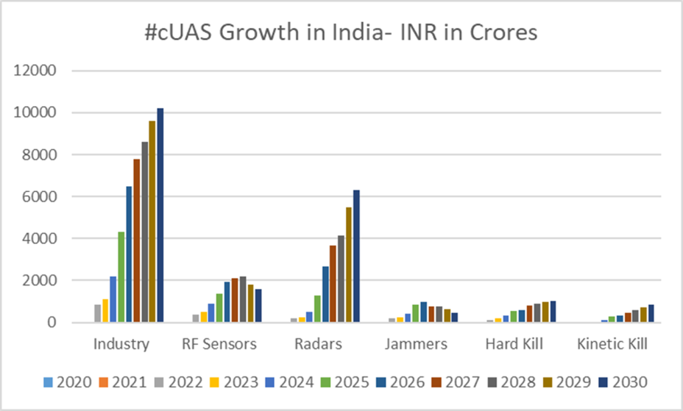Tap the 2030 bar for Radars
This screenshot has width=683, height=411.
356,256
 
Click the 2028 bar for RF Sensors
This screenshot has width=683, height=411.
243,300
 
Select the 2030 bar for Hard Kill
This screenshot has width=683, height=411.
552,312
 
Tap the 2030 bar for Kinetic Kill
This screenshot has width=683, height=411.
650,314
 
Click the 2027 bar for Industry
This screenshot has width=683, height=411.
137,240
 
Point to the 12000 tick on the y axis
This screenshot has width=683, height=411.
39,71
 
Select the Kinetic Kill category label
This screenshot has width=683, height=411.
613,345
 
